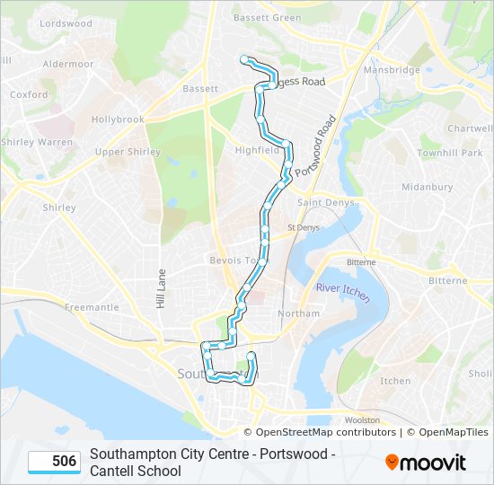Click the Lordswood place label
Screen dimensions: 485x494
pyautogui.click(x=66, y=23)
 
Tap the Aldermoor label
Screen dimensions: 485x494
pyautogui.click(x=67, y=65)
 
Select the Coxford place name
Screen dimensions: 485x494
pyautogui.click(x=29, y=94)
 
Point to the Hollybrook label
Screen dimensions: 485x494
pyautogui.click(x=118, y=119)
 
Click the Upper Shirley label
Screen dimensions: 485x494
pyautogui.click(x=122, y=152)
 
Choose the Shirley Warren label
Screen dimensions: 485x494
pyautogui.click(x=37, y=142)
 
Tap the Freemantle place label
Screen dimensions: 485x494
pyautogui.click(x=92, y=307)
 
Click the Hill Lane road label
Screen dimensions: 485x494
pyautogui.click(x=163, y=289)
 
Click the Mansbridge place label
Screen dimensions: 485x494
pyautogui.click(x=392, y=69)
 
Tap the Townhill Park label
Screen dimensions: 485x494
pyautogui.click(x=449, y=154)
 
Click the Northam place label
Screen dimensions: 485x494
pyautogui.click(x=298, y=313)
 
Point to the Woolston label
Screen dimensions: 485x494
pyautogui.click(x=362, y=419)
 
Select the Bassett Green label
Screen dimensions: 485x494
pyautogui.click(x=267, y=17)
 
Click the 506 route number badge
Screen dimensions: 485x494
pyautogui.click(x=54, y=462)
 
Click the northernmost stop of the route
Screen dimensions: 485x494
pyautogui.click(x=243, y=59)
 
